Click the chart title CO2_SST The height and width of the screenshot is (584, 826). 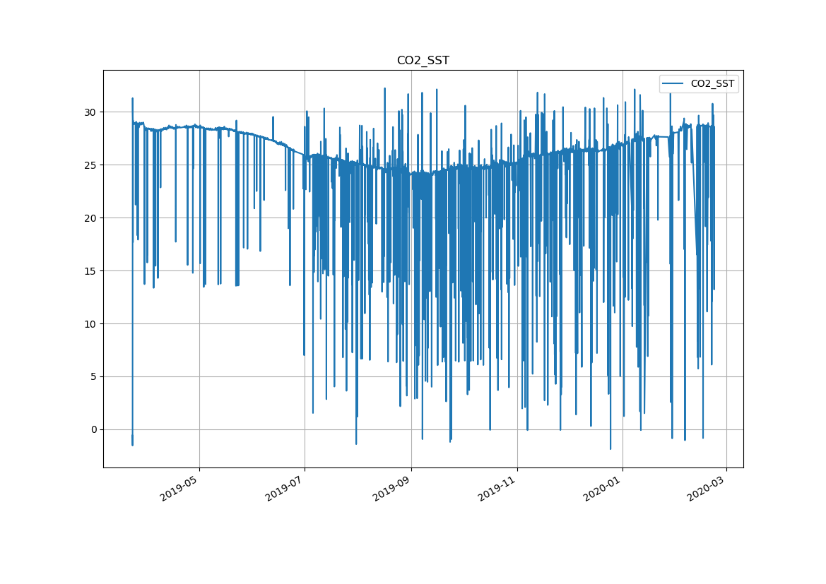click(423, 61)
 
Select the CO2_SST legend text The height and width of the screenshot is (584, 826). click(712, 83)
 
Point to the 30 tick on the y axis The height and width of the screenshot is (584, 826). click(90, 112)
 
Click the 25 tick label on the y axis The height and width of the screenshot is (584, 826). click(90, 165)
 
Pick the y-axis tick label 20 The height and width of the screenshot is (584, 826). click(90, 218)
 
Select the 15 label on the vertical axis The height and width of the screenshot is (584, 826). click(90, 271)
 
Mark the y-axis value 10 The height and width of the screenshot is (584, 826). click(90, 324)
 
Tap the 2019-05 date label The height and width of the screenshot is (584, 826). click(179, 487)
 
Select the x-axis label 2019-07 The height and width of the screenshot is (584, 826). click(285, 487)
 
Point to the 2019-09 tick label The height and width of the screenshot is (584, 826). click(391, 487)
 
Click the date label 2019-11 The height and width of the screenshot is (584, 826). click(497, 487)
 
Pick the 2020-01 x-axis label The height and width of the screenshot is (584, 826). click(603, 487)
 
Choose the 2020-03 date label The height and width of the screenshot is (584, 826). click(707, 487)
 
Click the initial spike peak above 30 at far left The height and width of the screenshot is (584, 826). click(132, 98)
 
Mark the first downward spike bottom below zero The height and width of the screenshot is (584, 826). click(132, 445)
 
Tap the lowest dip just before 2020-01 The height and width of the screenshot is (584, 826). click(610, 449)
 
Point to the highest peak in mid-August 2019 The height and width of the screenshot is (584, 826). click(384, 88)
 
